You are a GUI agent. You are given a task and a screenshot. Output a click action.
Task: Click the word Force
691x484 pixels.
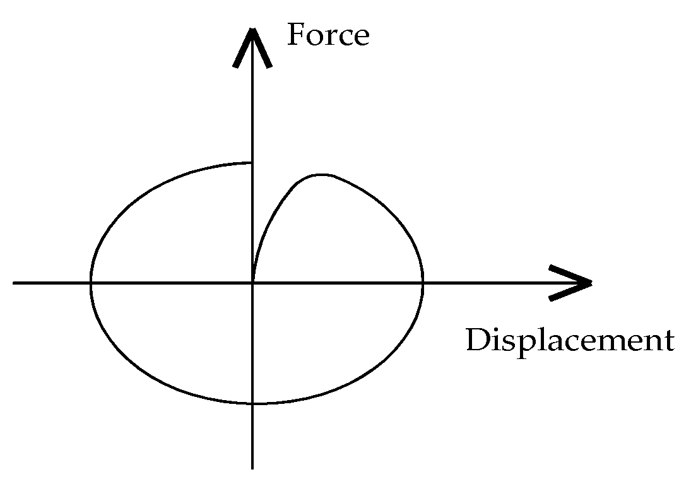coord(328,34)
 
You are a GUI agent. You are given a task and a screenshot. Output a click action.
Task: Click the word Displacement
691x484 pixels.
coord(570,340)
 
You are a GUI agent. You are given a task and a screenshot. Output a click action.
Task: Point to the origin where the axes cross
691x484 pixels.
coord(252,283)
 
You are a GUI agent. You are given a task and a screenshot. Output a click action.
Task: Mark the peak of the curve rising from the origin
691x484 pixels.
coord(322,175)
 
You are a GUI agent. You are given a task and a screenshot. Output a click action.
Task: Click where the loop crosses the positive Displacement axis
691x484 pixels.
coord(423,283)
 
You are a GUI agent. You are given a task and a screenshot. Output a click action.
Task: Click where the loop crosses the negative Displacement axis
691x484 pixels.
coord(91,283)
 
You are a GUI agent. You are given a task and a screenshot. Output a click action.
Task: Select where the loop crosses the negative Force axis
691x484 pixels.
coord(252,403)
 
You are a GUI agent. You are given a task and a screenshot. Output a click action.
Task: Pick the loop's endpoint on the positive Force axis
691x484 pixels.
coord(252,163)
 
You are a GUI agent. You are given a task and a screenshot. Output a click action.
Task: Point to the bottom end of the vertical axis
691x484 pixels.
coord(252,469)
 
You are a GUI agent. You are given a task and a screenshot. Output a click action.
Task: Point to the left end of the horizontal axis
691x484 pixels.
coord(13,283)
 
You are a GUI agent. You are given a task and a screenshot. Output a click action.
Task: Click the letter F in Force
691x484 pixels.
coord(297,34)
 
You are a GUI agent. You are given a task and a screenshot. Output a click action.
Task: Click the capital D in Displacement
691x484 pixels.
coord(478,340)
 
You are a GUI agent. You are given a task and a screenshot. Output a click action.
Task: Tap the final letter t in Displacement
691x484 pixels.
coord(669,341)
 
